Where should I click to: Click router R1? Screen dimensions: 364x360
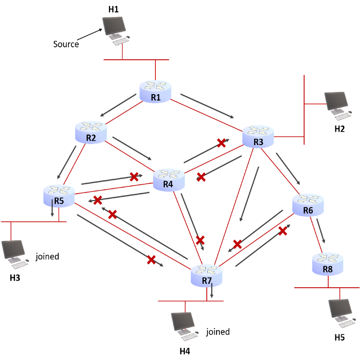[155, 91]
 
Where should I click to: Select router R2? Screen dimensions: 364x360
[91, 132]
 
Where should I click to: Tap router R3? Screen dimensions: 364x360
[258, 136]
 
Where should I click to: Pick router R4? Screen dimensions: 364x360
[168, 180]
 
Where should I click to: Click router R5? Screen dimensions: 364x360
[59, 195]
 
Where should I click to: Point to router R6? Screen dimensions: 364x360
[308, 204]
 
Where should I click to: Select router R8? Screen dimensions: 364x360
[327, 263]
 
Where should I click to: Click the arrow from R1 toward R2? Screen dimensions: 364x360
[118, 105]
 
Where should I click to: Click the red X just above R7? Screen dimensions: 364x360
[200, 240]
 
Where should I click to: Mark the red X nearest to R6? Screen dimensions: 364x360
[283, 231]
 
